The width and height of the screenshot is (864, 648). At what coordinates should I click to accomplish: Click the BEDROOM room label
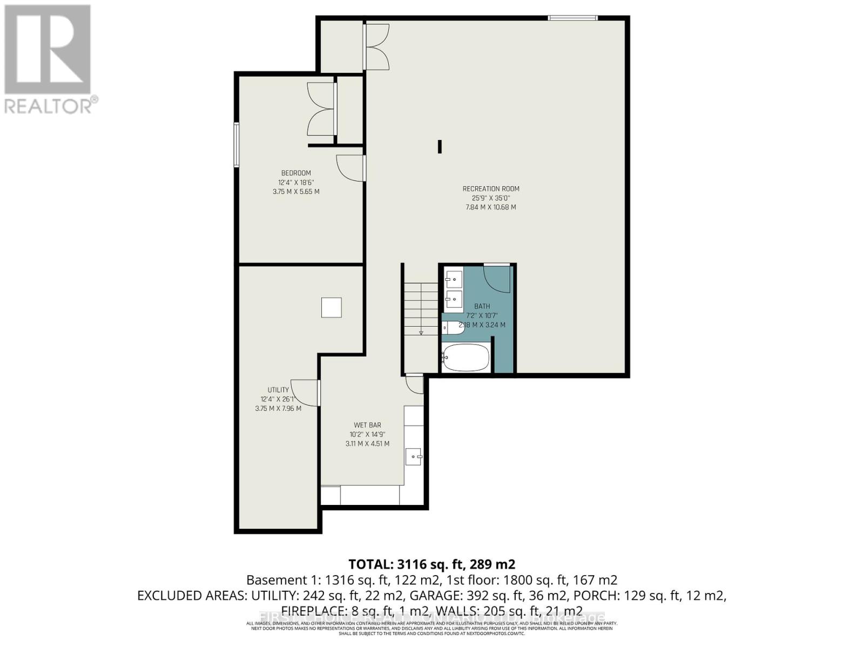pyautogui.click(x=296, y=173)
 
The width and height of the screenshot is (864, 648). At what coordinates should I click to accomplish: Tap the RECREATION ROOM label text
pyautogui.click(x=491, y=189)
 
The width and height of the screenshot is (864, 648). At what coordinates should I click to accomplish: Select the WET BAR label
pyautogui.click(x=367, y=425)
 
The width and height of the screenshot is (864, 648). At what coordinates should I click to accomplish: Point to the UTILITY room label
pyautogui.click(x=278, y=390)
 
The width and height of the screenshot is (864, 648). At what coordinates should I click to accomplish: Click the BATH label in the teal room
pyautogui.click(x=482, y=306)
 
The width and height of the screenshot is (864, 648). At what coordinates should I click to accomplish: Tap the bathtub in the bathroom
pyautogui.click(x=465, y=358)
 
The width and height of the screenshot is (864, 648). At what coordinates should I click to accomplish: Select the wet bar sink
pyautogui.click(x=414, y=457)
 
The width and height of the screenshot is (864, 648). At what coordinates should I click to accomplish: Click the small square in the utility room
pyautogui.click(x=332, y=308)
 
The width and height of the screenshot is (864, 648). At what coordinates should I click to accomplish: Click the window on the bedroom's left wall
pyautogui.click(x=237, y=144)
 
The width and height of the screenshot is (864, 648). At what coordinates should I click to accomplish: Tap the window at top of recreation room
pyautogui.click(x=573, y=18)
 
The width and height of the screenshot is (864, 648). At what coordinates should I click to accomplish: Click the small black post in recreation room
pyautogui.click(x=440, y=146)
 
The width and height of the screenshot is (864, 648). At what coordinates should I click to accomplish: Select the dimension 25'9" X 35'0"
pyautogui.click(x=491, y=198)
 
